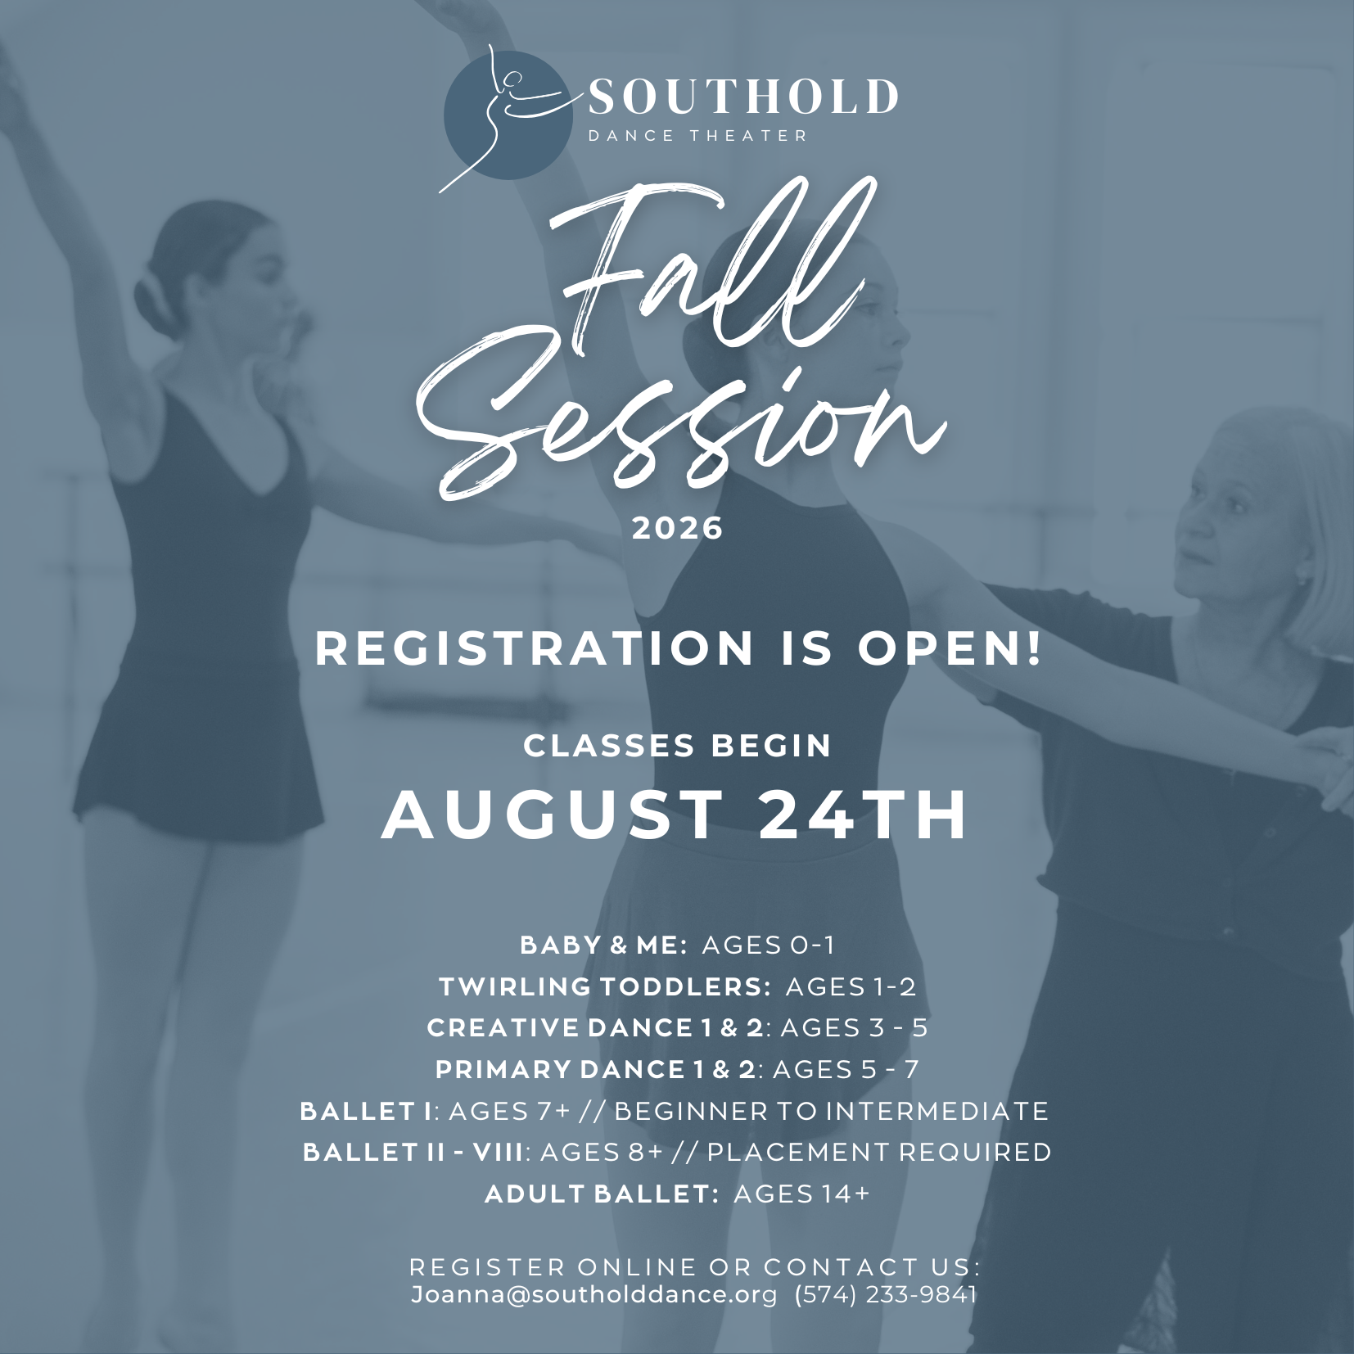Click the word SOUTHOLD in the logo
click(x=743, y=97)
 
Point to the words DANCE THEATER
click(x=698, y=136)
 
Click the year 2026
click(x=678, y=528)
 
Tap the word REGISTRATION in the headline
click(x=534, y=648)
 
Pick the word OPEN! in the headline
click(x=950, y=648)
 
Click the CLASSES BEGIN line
click(x=678, y=746)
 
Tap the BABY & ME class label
click(x=603, y=945)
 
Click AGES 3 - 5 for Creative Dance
click(x=854, y=1027)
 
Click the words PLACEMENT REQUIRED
click(x=879, y=1152)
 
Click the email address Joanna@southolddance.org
click(x=594, y=1295)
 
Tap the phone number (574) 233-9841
click(x=886, y=1294)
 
